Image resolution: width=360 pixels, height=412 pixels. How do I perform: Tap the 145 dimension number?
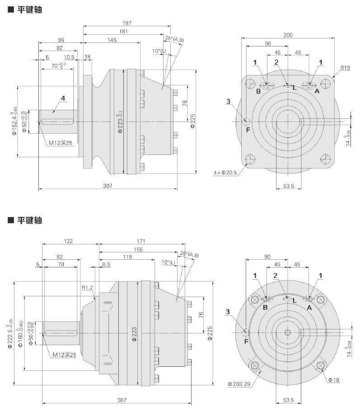tap(111, 40)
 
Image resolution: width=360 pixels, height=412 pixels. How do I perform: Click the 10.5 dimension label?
tap(69, 57)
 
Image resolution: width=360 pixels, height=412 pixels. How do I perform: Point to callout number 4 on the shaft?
tap(63, 98)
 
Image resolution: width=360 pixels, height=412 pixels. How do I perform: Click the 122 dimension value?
tap(69, 241)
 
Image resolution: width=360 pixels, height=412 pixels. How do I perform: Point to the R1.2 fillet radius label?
tap(87, 287)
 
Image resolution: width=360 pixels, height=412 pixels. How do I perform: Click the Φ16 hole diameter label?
tap(334, 380)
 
